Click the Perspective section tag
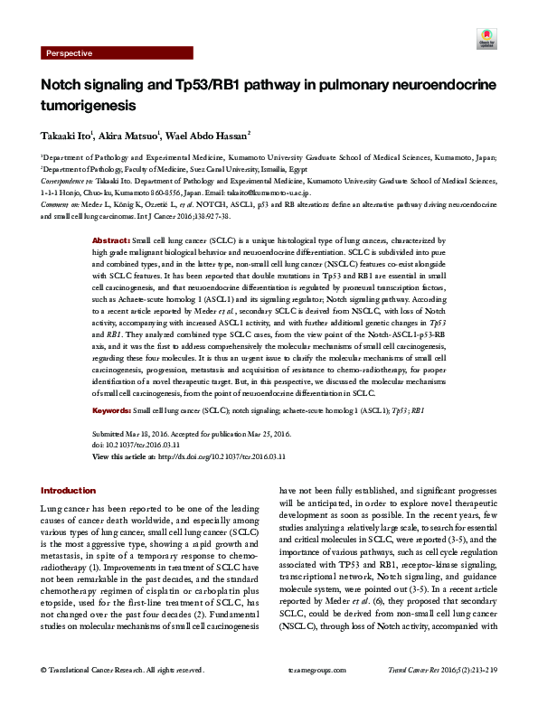(x=69, y=53)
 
